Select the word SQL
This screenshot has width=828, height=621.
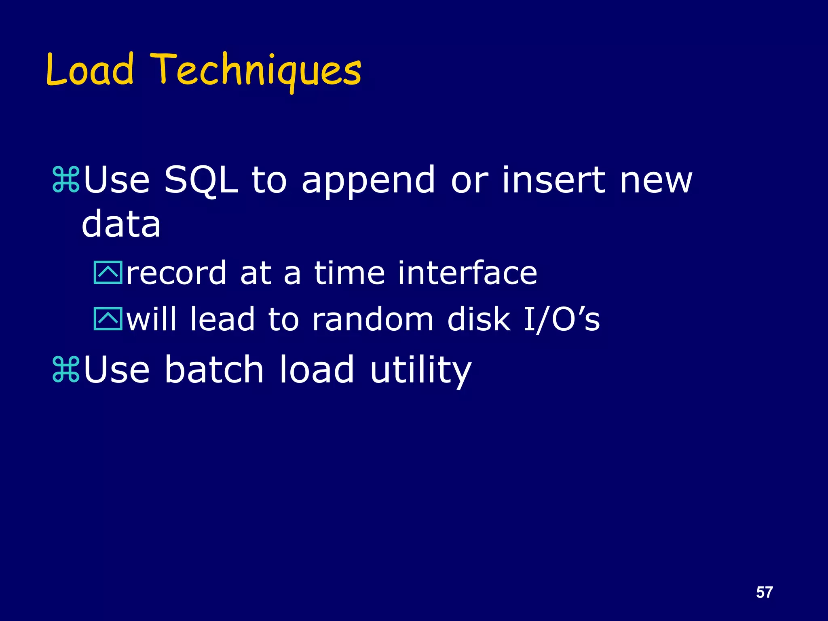(x=201, y=180)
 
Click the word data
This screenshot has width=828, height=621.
(x=121, y=224)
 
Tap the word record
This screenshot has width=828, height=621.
(x=176, y=273)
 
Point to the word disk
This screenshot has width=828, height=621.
(x=479, y=319)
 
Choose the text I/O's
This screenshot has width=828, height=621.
(x=562, y=319)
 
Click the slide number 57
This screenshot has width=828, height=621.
(x=764, y=592)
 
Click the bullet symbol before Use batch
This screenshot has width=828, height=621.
(x=66, y=369)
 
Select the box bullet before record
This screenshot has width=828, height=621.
(x=108, y=272)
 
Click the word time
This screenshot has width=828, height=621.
(x=349, y=273)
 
